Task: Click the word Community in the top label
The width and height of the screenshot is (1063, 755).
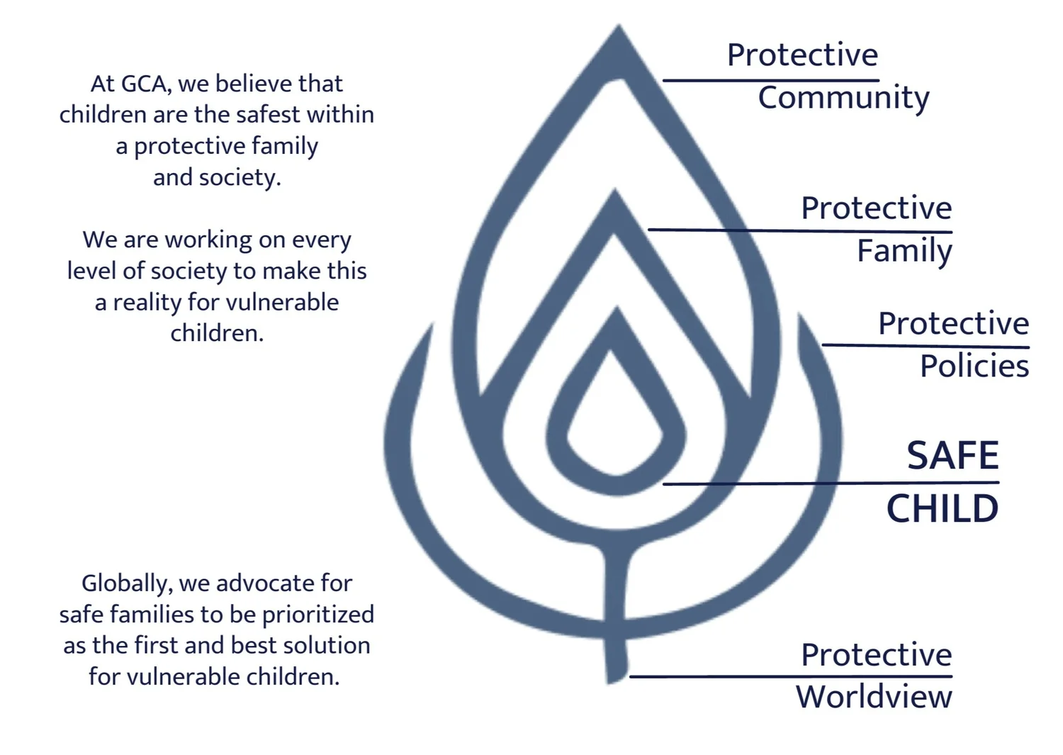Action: tap(843, 98)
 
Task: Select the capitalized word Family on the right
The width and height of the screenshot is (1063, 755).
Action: tap(904, 251)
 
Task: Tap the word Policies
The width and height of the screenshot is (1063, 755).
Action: tap(974, 366)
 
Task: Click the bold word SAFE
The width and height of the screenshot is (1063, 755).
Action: tap(953, 455)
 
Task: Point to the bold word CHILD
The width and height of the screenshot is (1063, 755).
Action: tap(943, 508)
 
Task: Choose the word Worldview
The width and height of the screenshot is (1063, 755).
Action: tap(874, 696)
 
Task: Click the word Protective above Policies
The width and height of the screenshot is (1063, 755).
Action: tap(953, 323)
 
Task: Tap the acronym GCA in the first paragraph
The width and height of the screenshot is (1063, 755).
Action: tap(146, 84)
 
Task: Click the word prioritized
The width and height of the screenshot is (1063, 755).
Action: tap(318, 615)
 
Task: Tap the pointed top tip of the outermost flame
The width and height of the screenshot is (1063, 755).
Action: tap(619, 28)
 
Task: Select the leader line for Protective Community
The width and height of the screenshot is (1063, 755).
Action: tap(770, 81)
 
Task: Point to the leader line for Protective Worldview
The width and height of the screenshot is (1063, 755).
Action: tap(790, 676)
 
